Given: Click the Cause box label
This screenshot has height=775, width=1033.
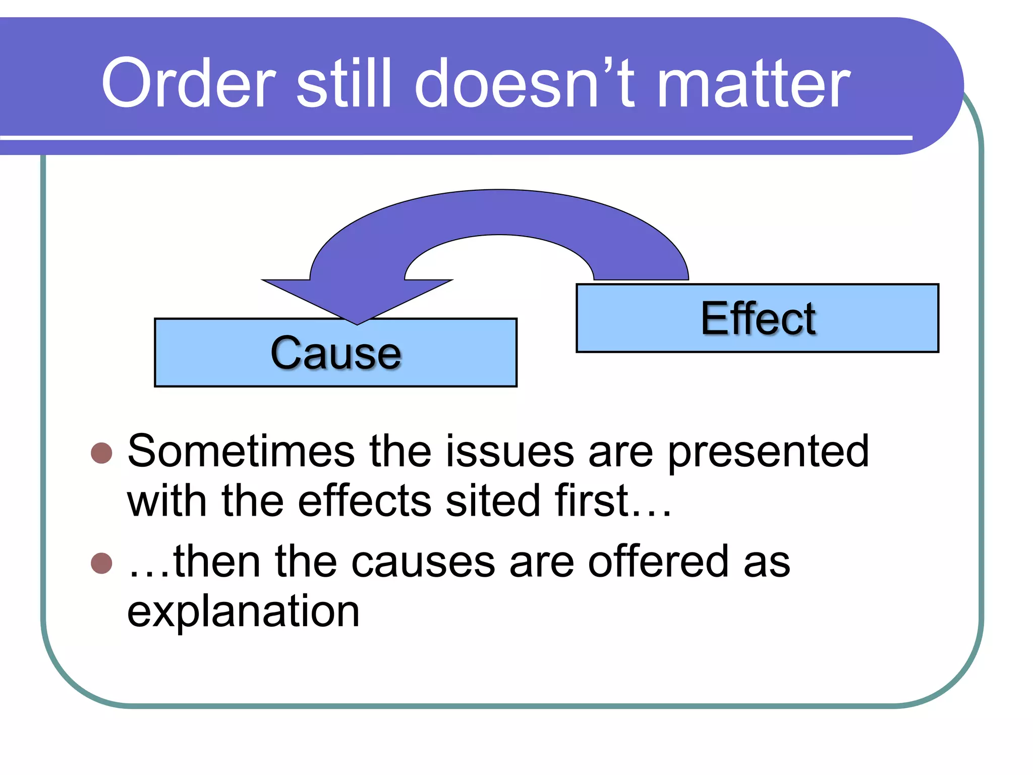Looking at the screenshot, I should (x=336, y=353).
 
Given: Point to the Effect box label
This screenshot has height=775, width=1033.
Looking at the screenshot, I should (x=758, y=319).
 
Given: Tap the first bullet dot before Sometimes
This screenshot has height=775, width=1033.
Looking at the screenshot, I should (x=101, y=453).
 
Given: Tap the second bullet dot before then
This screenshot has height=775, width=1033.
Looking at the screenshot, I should (x=101, y=564).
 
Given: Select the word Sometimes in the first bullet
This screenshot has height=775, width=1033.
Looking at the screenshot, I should (x=241, y=451).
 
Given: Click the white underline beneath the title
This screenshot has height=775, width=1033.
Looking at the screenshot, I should (x=454, y=137).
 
